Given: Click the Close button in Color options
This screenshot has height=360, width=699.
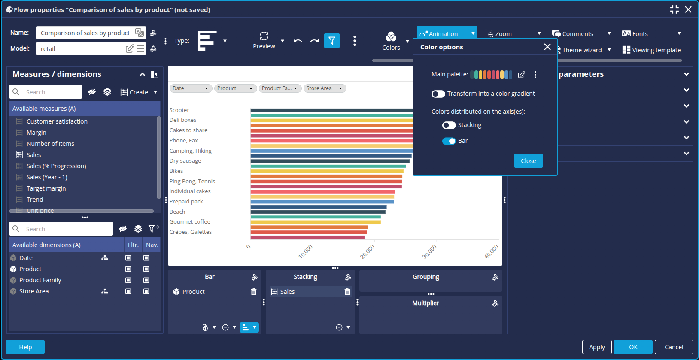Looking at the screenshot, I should click(528, 161).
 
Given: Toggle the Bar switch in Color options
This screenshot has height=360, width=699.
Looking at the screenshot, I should click(449, 141).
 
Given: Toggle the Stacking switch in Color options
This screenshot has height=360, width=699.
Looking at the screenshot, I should click(449, 125).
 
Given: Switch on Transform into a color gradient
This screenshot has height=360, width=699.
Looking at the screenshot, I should click(438, 94).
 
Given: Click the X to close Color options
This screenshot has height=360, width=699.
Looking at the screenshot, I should click(547, 47).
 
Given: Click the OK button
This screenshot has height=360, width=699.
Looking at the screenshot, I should click(633, 347).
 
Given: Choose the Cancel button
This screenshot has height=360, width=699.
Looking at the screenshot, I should click(674, 347).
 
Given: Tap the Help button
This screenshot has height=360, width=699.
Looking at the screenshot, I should click(25, 347).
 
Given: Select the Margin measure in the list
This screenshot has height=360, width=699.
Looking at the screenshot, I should click(36, 133).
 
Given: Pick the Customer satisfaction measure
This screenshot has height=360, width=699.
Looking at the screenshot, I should click(57, 121).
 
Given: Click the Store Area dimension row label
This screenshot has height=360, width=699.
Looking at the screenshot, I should click(34, 291).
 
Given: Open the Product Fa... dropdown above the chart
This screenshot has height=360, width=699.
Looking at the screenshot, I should click(280, 88).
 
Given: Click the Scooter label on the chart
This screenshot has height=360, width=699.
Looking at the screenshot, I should click(179, 110).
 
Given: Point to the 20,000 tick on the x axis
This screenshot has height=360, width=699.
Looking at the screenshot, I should click(368, 251).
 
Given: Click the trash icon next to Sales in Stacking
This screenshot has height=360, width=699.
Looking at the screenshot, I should click(347, 292).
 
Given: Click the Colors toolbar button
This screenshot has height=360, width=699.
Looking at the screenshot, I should click(391, 41).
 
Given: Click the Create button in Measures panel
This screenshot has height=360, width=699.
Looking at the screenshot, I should click(138, 92).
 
